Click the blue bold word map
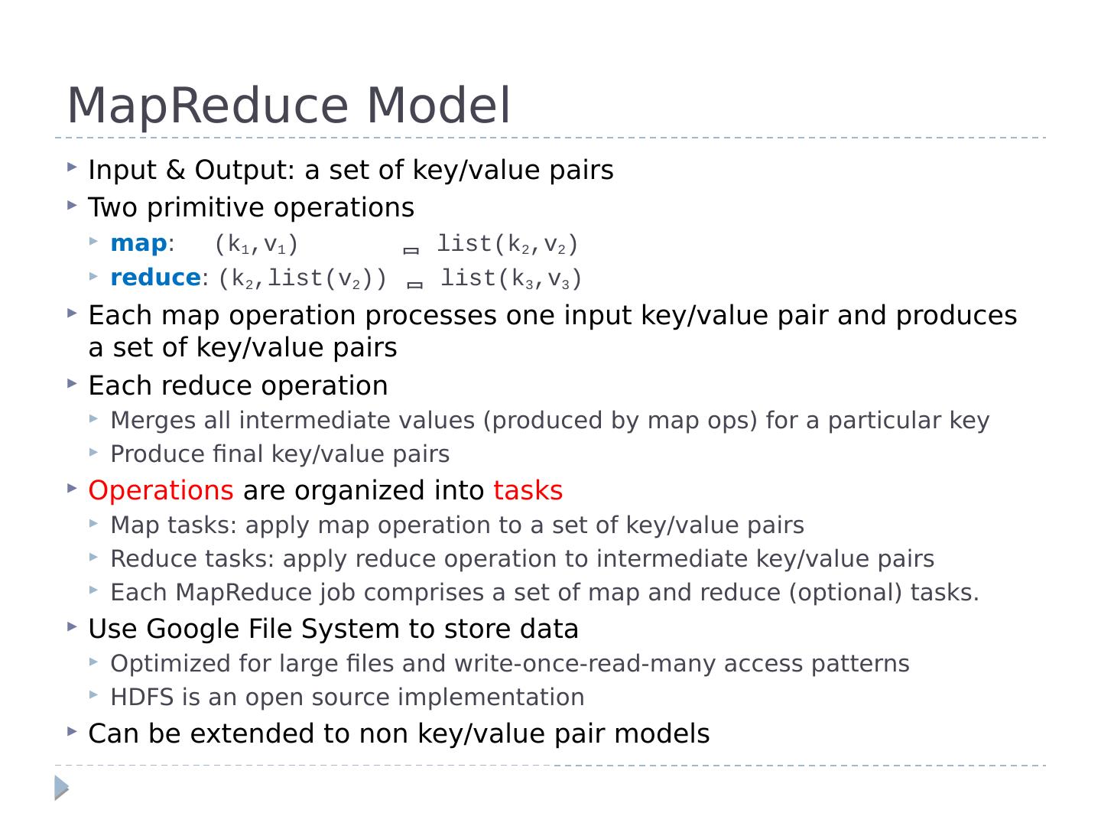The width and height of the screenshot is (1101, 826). click(138, 243)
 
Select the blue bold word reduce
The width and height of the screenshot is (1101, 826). click(155, 278)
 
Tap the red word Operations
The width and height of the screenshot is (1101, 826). click(161, 490)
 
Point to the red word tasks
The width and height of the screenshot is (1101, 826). click(528, 490)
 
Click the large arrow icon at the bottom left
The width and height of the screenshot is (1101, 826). click(62, 787)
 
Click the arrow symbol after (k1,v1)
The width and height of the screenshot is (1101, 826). click(411, 250)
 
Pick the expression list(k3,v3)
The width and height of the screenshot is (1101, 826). click(511, 278)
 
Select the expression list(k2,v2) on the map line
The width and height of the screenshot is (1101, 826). click(507, 244)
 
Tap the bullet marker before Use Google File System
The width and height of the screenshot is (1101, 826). click(72, 626)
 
